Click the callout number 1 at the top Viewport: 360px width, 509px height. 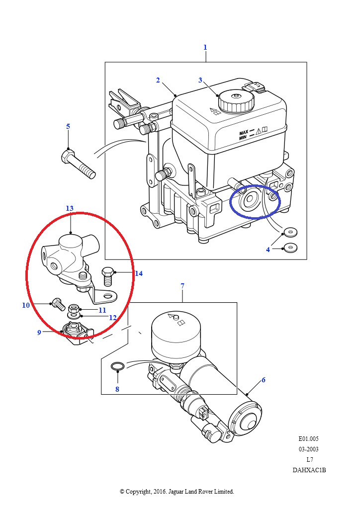(205, 47)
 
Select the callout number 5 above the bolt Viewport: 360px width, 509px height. (68, 126)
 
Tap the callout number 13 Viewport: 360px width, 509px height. (70, 208)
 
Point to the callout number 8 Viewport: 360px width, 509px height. (117, 389)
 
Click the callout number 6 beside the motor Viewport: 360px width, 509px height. (263, 380)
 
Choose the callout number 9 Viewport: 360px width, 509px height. (39, 333)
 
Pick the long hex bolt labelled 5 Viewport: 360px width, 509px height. (78, 164)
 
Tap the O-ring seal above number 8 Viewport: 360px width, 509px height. (117, 367)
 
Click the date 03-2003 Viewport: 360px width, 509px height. (309, 449)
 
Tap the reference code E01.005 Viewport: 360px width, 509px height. (309, 439)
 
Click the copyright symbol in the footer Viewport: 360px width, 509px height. (122, 492)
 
